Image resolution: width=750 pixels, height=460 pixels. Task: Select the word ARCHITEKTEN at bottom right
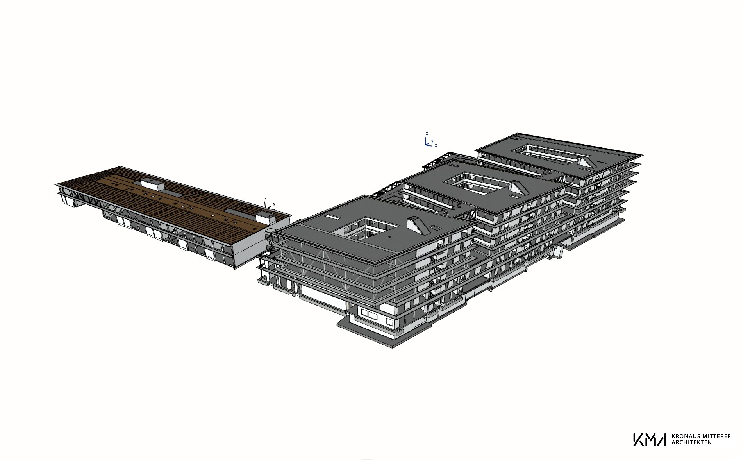(691, 442)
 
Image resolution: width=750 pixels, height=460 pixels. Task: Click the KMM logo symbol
(650, 439)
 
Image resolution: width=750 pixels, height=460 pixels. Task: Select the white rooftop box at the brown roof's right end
(265, 218)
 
